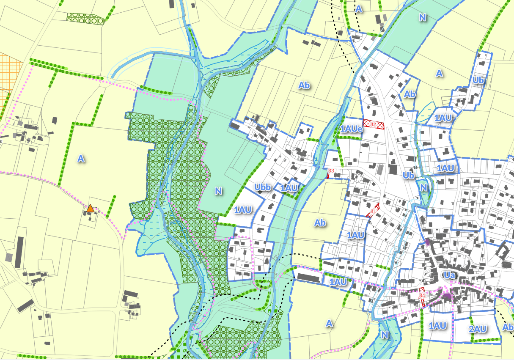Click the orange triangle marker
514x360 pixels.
point(90,208)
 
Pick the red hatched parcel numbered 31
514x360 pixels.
point(373,210)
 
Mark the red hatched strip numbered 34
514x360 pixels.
point(422,297)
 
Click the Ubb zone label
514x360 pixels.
point(263,187)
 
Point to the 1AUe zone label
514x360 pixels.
point(352,129)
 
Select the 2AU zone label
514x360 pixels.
point(478,329)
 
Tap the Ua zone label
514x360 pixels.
point(449,275)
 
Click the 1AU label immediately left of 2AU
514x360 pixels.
point(437,326)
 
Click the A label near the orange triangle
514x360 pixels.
point(81,159)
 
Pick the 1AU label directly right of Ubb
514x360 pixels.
point(290,188)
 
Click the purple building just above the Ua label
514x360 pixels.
point(427,242)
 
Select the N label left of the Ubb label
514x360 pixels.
point(218,191)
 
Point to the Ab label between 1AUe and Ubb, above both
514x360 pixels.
point(304,85)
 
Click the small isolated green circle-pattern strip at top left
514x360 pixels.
point(85,18)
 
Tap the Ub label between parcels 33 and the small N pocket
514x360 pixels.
point(408,175)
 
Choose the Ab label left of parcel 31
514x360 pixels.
point(320,223)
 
